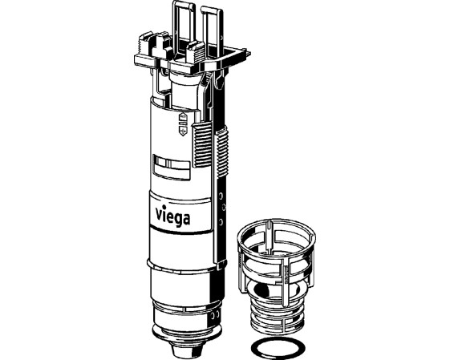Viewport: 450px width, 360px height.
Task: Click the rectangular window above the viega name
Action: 172,168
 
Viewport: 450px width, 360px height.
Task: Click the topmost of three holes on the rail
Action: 221,196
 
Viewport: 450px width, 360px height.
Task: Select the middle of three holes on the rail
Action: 223,207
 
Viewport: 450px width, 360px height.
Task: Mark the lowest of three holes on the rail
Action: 221,221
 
